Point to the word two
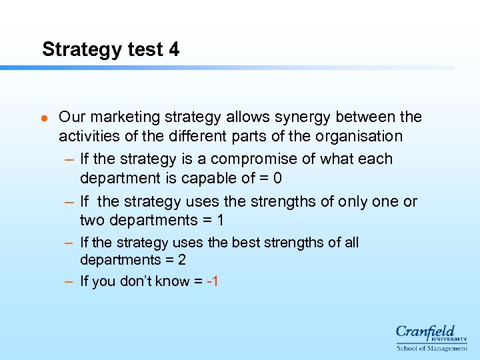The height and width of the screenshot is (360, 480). click(x=92, y=221)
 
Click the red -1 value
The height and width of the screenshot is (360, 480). click(x=213, y=281)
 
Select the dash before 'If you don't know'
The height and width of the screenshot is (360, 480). click(x=69, y=281)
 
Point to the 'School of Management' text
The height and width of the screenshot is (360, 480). click(x=432, y=348)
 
